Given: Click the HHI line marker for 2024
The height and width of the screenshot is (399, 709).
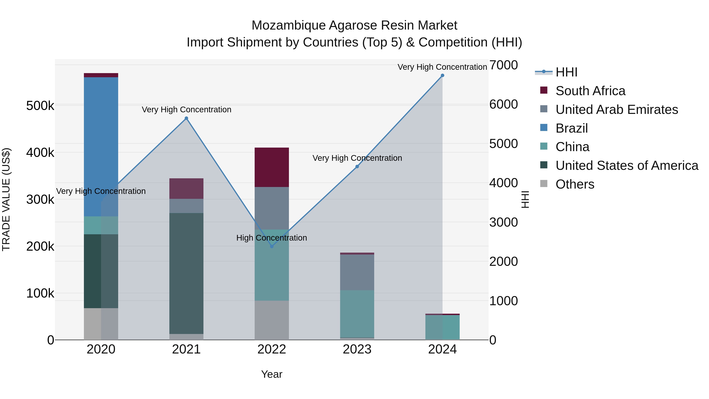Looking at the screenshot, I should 442,75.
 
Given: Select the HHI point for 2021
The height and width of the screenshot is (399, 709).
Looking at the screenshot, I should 186,118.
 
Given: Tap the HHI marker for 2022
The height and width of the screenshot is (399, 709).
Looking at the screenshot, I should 272,246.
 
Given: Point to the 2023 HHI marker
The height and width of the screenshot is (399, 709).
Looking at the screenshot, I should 357,166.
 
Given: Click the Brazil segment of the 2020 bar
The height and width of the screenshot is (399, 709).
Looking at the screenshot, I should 101,146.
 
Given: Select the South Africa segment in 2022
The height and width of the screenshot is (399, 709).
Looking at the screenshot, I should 272,167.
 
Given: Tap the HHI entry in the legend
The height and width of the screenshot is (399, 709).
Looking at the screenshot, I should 566,72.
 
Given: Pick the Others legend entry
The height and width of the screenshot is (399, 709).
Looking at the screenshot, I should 575,184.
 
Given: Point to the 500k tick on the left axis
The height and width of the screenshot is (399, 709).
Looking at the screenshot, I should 40,106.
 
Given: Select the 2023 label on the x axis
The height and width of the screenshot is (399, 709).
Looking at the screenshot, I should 357,349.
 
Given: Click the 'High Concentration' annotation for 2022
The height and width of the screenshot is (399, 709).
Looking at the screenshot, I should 271,238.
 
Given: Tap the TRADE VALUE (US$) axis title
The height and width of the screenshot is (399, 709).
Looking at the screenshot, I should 6,199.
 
